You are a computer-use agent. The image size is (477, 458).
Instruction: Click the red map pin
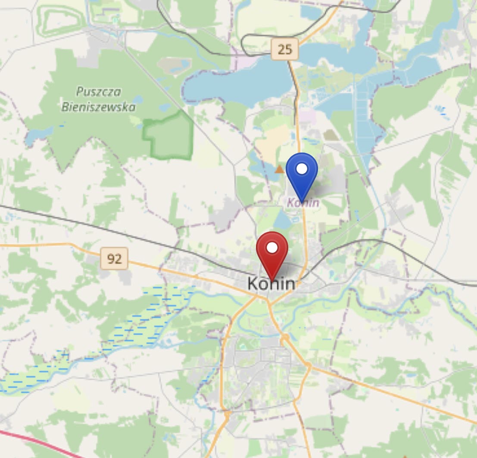tap(272, 254)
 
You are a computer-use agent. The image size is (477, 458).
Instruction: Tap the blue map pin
tap(302, 174)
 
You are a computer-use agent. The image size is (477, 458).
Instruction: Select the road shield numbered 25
tap(285, 50)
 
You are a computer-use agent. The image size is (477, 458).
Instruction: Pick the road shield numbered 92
tap(114, 259)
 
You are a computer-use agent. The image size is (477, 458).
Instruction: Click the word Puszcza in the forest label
tap(99, 92)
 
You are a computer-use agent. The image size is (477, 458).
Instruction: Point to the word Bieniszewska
tap(99, 107)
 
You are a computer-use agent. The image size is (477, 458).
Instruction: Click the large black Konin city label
tap(271, 284)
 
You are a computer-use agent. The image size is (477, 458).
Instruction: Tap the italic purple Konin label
tap(303, 203)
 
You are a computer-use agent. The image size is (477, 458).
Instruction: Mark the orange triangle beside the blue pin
tap(280, 169)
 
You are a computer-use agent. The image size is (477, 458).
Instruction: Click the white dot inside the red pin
tap(272, 248)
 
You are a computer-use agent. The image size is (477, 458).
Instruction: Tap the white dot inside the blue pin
tap(302, 168)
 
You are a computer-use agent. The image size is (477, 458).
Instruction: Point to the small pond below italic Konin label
tap(282, 221)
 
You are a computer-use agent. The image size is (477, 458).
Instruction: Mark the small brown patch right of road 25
tap(330, 135)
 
